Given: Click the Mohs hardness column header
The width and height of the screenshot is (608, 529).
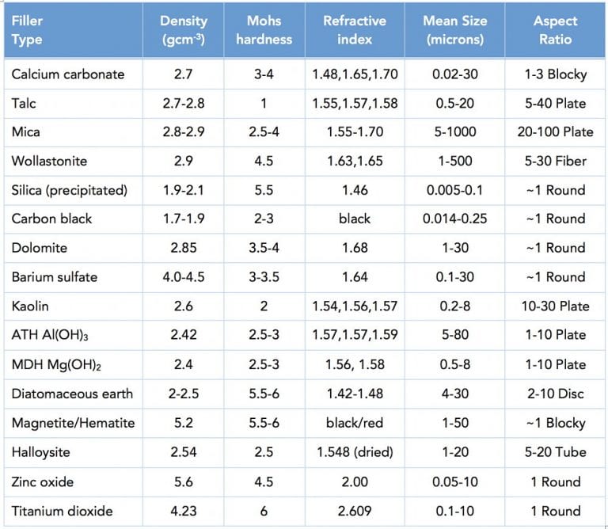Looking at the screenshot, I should click(264, 30).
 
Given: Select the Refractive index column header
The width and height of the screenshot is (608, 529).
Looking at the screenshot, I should click(354, 30).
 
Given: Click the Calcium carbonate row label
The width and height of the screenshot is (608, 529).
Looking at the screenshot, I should click(67, 74).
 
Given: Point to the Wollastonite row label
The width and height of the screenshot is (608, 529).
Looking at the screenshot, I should click(49, 161).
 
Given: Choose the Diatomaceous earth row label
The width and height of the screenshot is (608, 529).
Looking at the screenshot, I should click(72, 394).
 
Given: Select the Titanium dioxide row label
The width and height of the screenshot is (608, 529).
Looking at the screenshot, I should click(63, 511).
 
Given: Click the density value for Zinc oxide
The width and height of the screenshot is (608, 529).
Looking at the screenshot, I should click(183, 481).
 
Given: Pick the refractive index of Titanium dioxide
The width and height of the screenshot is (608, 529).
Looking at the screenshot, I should click(354, 511).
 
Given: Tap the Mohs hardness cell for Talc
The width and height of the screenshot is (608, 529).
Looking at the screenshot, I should click(264, 103).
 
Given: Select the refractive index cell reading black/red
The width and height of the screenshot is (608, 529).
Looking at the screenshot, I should click(354, 423).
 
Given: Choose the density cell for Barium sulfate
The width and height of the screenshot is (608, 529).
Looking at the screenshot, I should click(183, 277).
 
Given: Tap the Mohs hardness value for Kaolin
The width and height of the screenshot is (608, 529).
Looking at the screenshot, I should click(264, 306).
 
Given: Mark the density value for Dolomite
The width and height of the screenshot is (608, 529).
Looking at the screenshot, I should click(183, 248).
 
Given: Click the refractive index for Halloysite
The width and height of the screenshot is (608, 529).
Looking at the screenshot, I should click(354, 452).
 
